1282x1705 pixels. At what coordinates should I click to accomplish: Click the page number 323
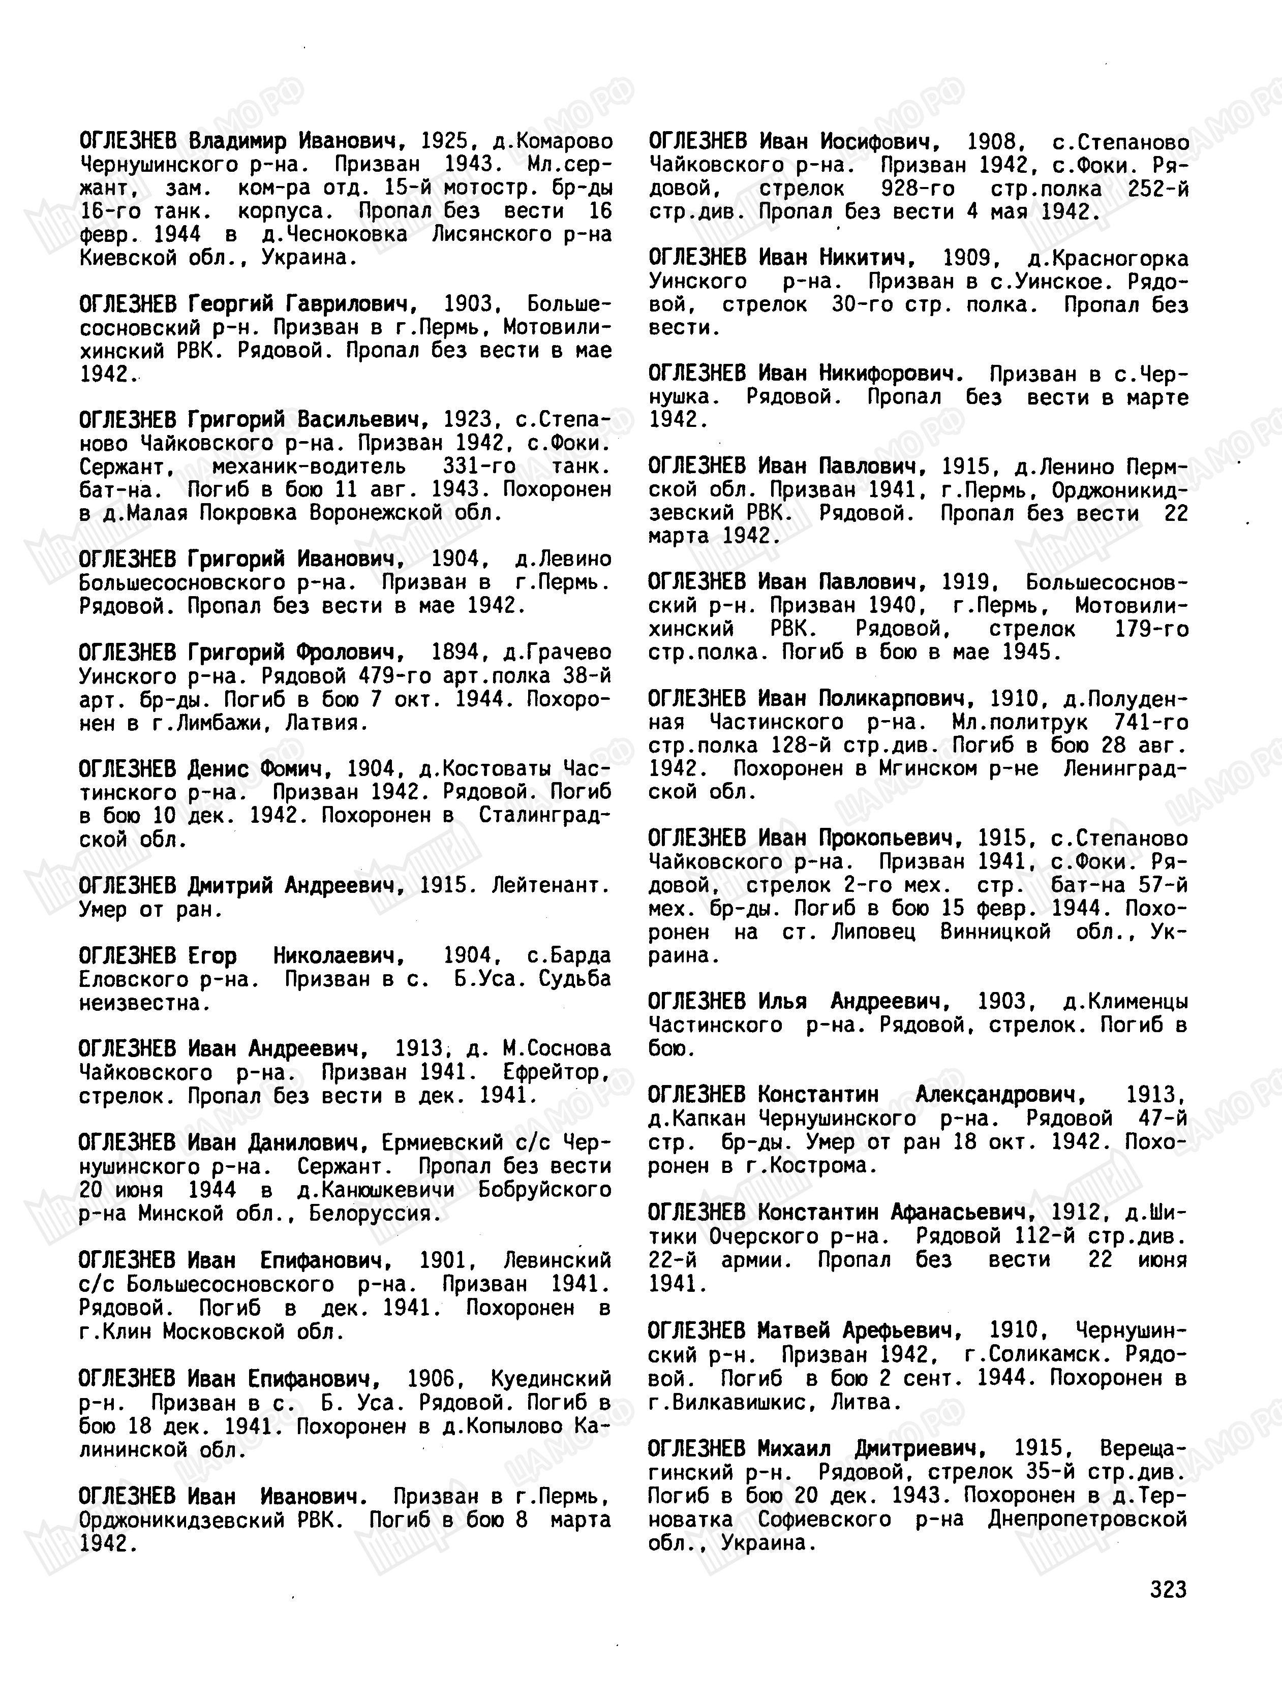[1168, 1589]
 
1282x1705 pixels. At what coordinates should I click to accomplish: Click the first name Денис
[218, 769]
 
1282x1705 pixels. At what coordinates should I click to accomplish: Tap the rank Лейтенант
[550, 886]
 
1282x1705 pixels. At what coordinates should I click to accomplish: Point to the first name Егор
[212, 956]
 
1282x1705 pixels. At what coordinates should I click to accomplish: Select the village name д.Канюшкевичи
[376, 1189]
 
